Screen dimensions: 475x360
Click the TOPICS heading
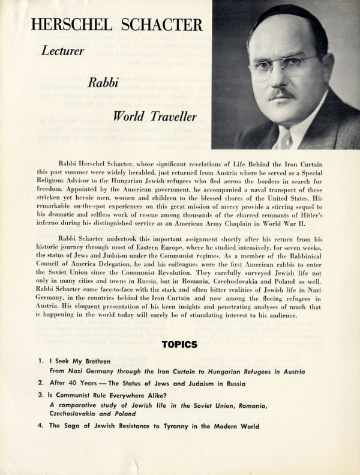[x=180, y=344]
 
